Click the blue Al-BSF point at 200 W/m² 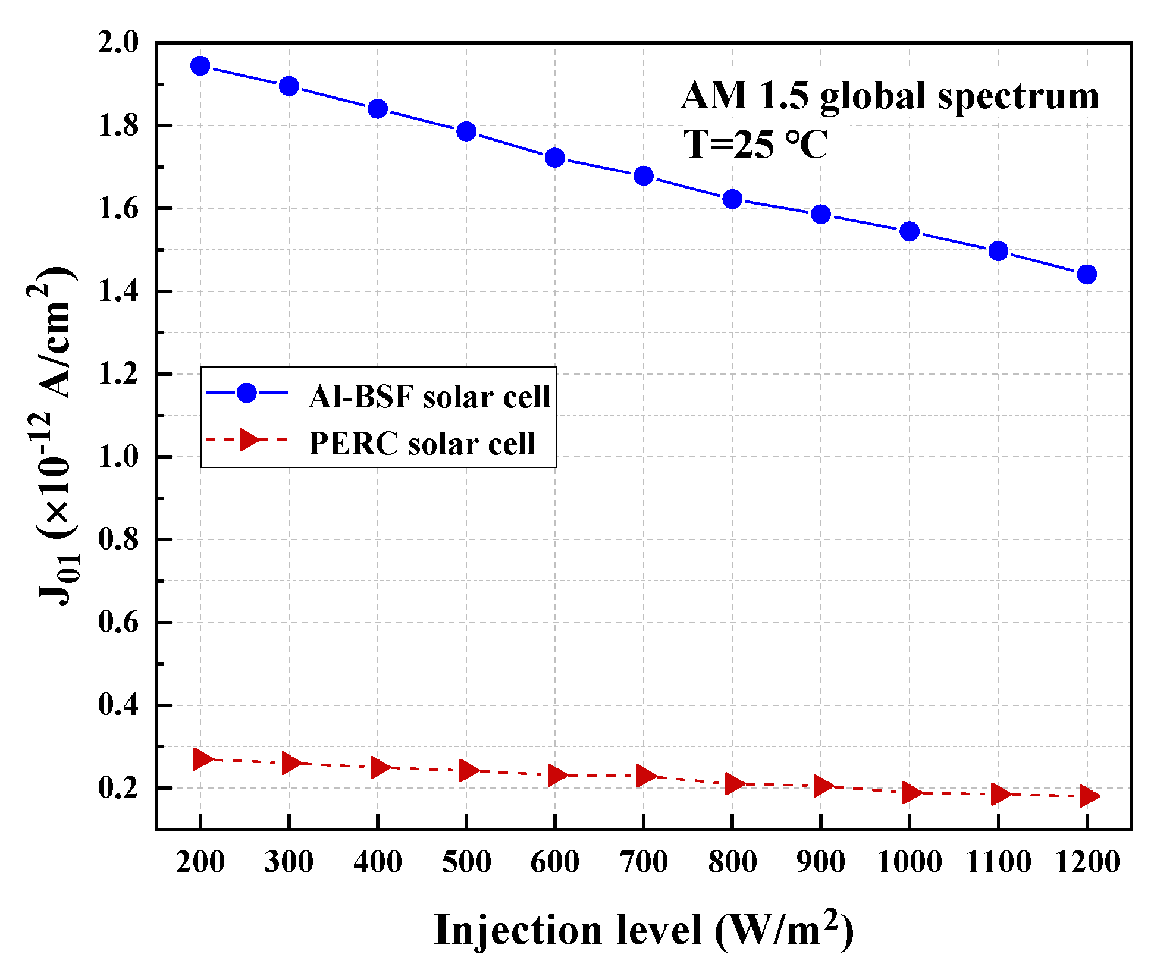pos(200,66)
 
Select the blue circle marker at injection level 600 pos(555,158)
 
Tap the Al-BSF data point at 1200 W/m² pos(1087,274)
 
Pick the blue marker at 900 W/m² pos(821,214)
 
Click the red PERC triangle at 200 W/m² pos(202,759)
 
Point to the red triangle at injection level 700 pos(645,776)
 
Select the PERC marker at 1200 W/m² pos(1088,796)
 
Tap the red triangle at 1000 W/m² pos(911,792)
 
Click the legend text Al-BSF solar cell pos(429,397)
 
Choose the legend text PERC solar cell pos(422,444)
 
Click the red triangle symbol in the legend pos(249,440)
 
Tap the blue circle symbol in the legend pos(246,393)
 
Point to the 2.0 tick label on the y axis pos(118,43)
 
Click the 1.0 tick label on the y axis pos(118,457)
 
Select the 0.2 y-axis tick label pos(118,789)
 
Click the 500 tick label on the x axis pos(466,862)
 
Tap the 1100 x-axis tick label pos(998,862)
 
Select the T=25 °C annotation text pos(755,145)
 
